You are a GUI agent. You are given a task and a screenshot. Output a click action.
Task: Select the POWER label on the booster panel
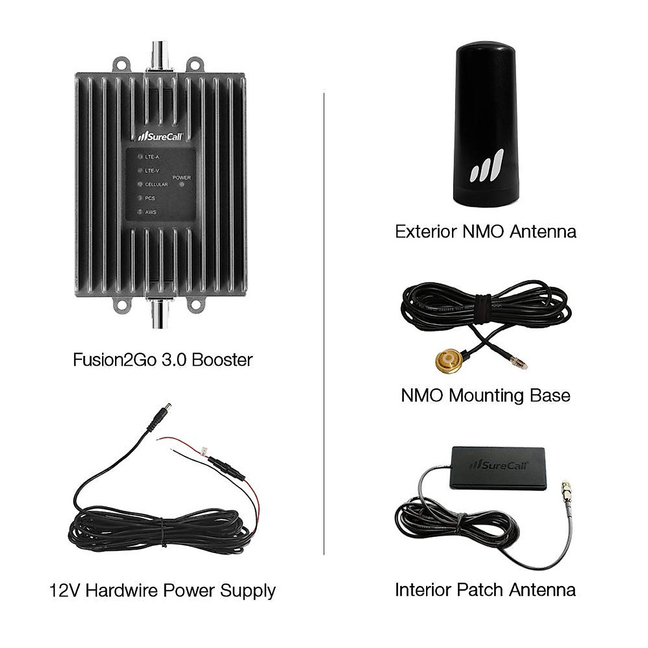181,177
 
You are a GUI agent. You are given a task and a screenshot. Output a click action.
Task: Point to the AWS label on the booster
151,212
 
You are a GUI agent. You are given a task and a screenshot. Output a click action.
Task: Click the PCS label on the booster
150,198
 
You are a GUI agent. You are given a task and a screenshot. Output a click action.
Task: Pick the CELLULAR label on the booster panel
156,184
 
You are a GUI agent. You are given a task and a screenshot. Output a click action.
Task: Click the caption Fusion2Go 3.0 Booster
163,360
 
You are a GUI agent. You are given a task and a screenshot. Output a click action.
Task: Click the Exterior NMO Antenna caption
485,232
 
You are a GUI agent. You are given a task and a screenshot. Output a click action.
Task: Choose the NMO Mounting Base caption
485,395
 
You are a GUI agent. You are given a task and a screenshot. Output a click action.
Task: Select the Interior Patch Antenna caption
485,589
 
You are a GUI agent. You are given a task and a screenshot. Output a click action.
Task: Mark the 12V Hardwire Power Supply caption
163,590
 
